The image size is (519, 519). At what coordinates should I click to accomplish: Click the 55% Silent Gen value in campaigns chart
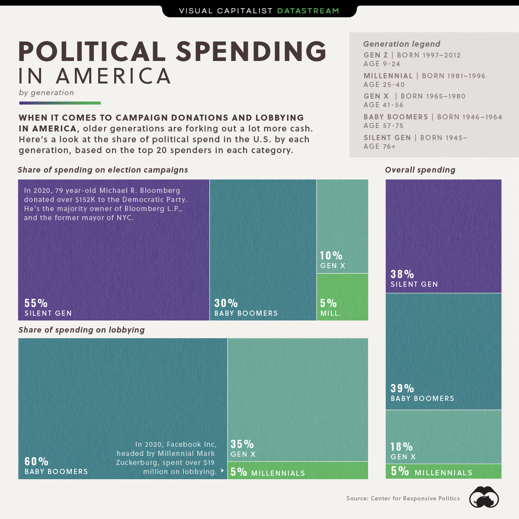36,303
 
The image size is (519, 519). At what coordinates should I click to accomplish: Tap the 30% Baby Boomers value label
226,303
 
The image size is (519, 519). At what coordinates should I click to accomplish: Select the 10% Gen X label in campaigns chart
331,256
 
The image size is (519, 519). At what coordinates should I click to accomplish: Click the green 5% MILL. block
343,297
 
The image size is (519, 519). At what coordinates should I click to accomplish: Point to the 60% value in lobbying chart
36,461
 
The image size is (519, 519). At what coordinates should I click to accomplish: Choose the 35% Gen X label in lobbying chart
242,444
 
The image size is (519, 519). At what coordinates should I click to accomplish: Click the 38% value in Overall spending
402,274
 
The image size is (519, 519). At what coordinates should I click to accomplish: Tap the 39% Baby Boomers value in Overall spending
402,388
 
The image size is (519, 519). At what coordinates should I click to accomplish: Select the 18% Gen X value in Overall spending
401,447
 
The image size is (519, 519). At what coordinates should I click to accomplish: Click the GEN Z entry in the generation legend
375,55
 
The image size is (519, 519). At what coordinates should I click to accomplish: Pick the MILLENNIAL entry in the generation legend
388,76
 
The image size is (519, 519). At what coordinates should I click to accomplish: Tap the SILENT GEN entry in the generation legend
387,138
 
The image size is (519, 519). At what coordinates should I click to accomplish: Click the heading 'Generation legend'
401,44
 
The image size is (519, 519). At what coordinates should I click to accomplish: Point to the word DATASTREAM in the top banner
308,11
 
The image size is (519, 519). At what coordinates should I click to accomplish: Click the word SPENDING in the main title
251,52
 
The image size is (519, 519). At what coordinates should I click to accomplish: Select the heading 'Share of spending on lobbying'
81,330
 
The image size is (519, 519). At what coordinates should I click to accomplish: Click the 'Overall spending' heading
420,170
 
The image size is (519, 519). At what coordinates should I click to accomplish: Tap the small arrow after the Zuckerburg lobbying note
222,471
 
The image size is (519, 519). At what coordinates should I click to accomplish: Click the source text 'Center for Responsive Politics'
415,499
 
